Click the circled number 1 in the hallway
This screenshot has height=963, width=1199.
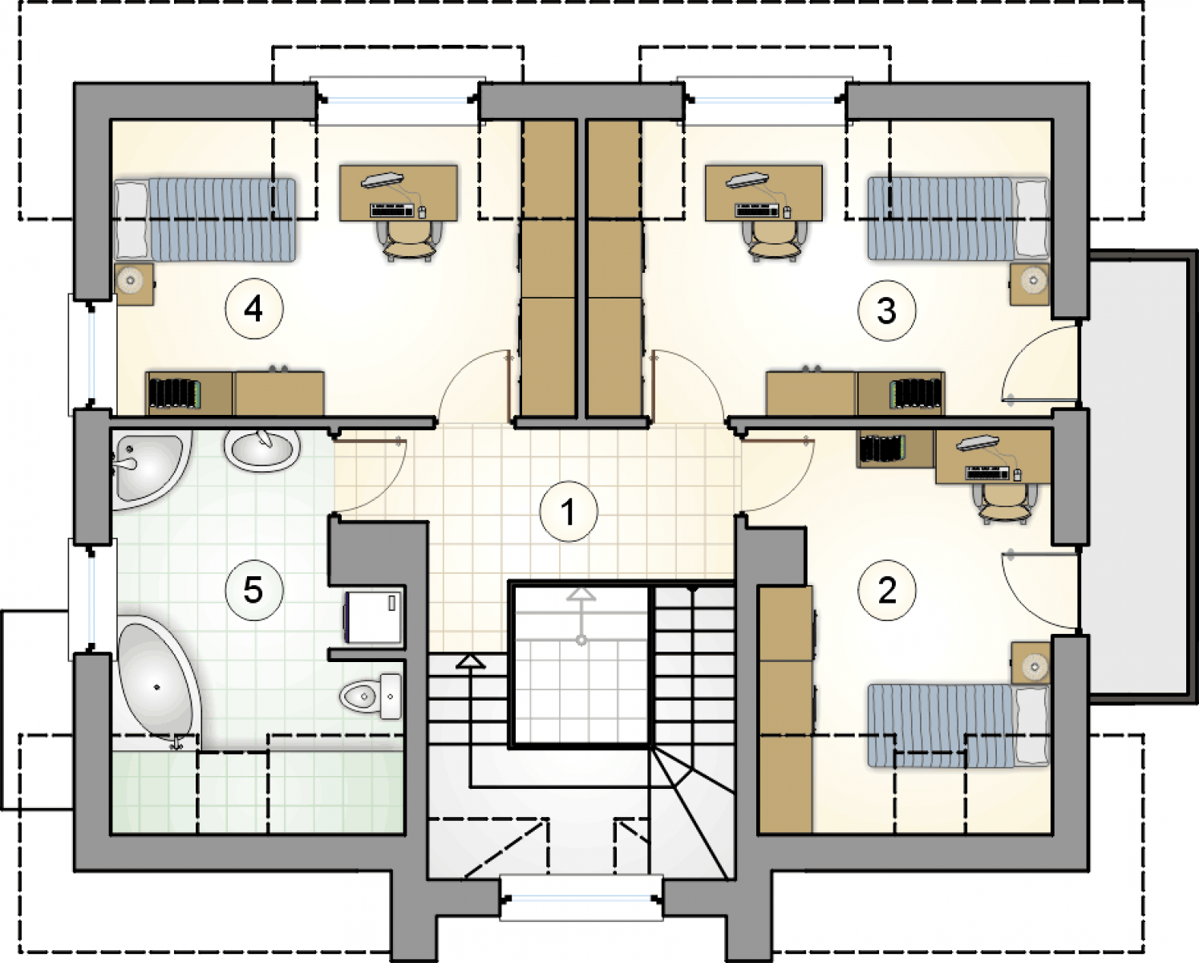coord(569,512)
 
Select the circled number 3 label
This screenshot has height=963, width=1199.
coord(887,311)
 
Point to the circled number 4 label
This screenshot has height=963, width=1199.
coord(254,309)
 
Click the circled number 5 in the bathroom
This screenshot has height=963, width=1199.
coord(254,590)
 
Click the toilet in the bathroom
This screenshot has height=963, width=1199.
coord(371,696)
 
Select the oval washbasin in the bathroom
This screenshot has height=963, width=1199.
coord(262,450)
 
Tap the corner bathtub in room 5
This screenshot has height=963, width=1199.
coord(160,682)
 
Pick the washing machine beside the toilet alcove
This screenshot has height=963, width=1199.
coord(374,616)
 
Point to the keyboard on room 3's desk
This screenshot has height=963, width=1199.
coord(756,211)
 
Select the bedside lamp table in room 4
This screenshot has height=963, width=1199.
coord(134,284)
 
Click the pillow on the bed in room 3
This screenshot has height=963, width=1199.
coord(1031,218)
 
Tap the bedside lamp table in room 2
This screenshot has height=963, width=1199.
coord(1031,662)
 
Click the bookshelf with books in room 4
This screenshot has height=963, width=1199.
coord(189,394)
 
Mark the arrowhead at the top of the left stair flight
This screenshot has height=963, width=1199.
coord(471,661)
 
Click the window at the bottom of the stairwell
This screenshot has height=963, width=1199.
coord(581,897)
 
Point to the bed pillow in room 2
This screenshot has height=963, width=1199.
coord(1031,725)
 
